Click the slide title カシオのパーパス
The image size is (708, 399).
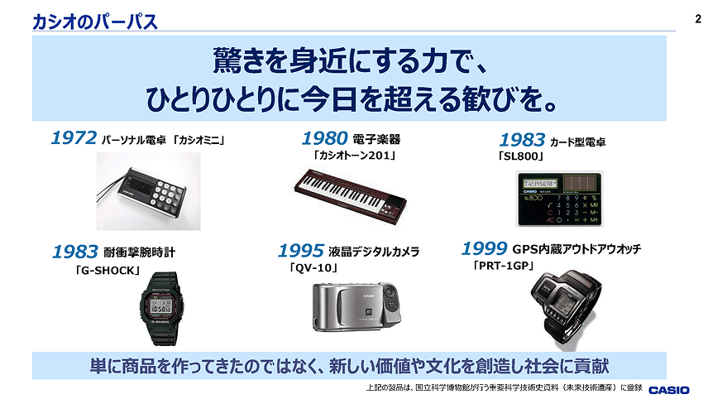click(95, 22)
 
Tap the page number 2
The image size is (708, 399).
click(698, 19)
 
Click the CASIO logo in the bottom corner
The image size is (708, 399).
click(669, 390)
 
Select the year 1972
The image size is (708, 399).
click(74, 137)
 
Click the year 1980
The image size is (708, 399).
click(325, 138)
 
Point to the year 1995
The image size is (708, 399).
click(301, 250)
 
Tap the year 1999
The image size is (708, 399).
click(485, 248)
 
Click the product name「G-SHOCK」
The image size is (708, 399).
click(108, 271)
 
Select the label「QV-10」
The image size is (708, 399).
click(313, 268)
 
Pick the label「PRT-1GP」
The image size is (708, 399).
click(504, 266)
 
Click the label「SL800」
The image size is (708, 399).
click(520, 156)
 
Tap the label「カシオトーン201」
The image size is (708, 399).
click(356, 156)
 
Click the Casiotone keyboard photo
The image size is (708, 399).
click(351, 196)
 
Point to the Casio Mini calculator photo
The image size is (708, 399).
click(149, 191)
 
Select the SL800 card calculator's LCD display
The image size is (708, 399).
click(539, 184)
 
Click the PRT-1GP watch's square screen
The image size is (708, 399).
click(567, 300)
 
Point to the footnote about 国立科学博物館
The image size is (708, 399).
click(504, 387)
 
